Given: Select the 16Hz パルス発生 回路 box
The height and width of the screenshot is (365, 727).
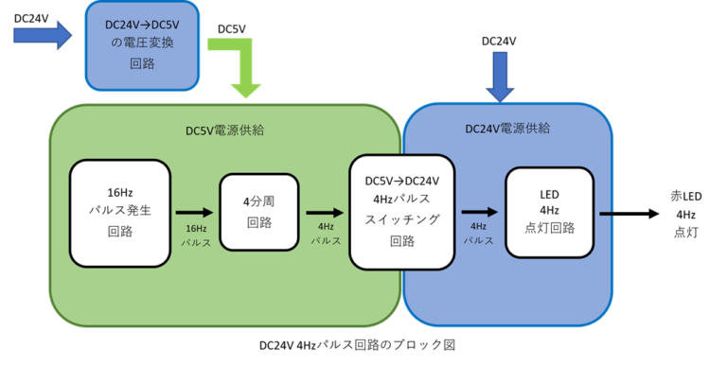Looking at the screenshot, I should (x=120, y=213).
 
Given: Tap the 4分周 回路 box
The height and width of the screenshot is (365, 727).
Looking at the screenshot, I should (x=258, y=213).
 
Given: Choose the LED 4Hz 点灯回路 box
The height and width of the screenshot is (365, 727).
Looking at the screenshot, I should (x=550, y=213).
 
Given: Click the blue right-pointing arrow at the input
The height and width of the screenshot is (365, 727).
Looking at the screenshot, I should (x=43, y=37).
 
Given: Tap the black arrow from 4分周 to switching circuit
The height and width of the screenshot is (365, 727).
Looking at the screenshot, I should (x=326, y=213).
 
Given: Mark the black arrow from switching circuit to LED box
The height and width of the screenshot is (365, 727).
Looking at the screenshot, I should (x=479, y=213).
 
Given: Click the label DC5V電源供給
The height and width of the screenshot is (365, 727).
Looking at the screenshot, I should (x=224, y=130).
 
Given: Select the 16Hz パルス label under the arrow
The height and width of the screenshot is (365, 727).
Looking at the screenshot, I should (x=196, y=235).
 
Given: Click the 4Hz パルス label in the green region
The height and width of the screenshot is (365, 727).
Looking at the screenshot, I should (x=326, y=234).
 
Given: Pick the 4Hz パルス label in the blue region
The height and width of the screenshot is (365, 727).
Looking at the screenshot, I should (x=478, y=234).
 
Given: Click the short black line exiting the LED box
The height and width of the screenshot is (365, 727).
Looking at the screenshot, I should (x=606, y=213).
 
